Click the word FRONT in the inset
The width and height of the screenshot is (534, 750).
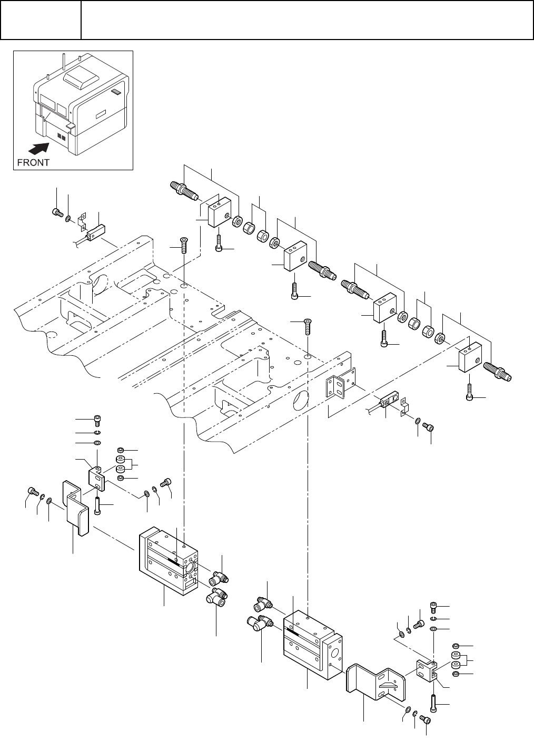(34, 162)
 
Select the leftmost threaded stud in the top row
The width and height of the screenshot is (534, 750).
(183, 191)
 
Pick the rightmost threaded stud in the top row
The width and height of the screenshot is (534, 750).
(497, 371)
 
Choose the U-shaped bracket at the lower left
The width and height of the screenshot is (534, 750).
(76, 507)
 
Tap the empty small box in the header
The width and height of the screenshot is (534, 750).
(41, 20)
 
